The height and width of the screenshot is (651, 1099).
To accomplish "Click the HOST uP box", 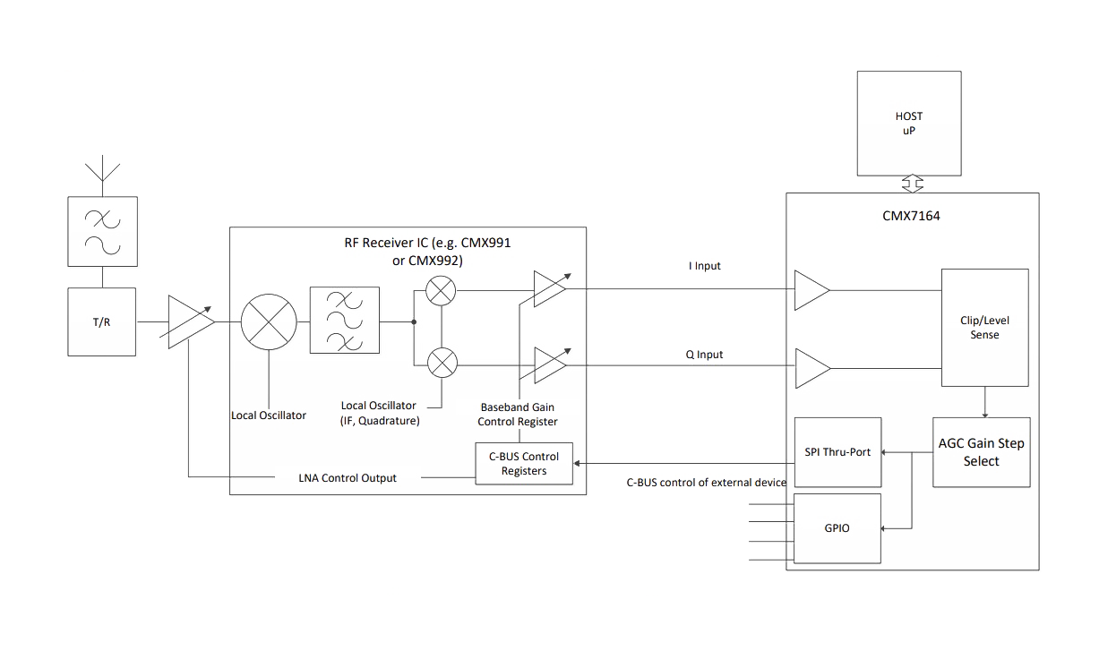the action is click(909, 124).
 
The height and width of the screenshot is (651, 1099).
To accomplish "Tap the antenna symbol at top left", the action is click(102, 169).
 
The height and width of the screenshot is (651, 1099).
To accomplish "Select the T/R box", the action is click(102, 321).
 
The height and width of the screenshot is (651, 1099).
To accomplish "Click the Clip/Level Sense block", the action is click(984, 327).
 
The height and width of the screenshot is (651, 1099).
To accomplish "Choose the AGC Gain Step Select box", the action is click(982, 452).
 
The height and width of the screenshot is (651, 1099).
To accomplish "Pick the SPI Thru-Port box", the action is click(837, 452).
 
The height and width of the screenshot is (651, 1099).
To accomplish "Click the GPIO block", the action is click(837, 528).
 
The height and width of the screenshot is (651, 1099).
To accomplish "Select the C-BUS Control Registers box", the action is click(524, 464).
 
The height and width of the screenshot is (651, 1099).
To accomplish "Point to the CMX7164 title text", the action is click(911, 216).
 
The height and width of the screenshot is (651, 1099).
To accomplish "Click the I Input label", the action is click(705, 266).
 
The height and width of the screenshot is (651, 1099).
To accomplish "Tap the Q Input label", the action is click(704, 355).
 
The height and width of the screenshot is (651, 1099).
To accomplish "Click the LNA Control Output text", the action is click(348, 478).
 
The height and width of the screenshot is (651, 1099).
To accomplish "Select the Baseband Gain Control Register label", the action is click(518, 414).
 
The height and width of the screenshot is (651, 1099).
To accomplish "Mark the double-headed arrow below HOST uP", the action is click(913, 184).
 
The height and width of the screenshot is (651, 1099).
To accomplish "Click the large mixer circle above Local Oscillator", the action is click(269, 321).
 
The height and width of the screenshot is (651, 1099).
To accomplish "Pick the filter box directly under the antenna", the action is click(102, 232).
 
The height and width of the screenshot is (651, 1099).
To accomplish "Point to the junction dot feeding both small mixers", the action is click(414, 321).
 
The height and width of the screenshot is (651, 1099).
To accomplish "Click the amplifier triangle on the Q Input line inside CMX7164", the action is click(812, 368).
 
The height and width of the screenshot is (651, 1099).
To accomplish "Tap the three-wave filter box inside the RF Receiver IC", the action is click(345, 320).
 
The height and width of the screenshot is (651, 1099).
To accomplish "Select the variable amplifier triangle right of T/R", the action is click(190, 321).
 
